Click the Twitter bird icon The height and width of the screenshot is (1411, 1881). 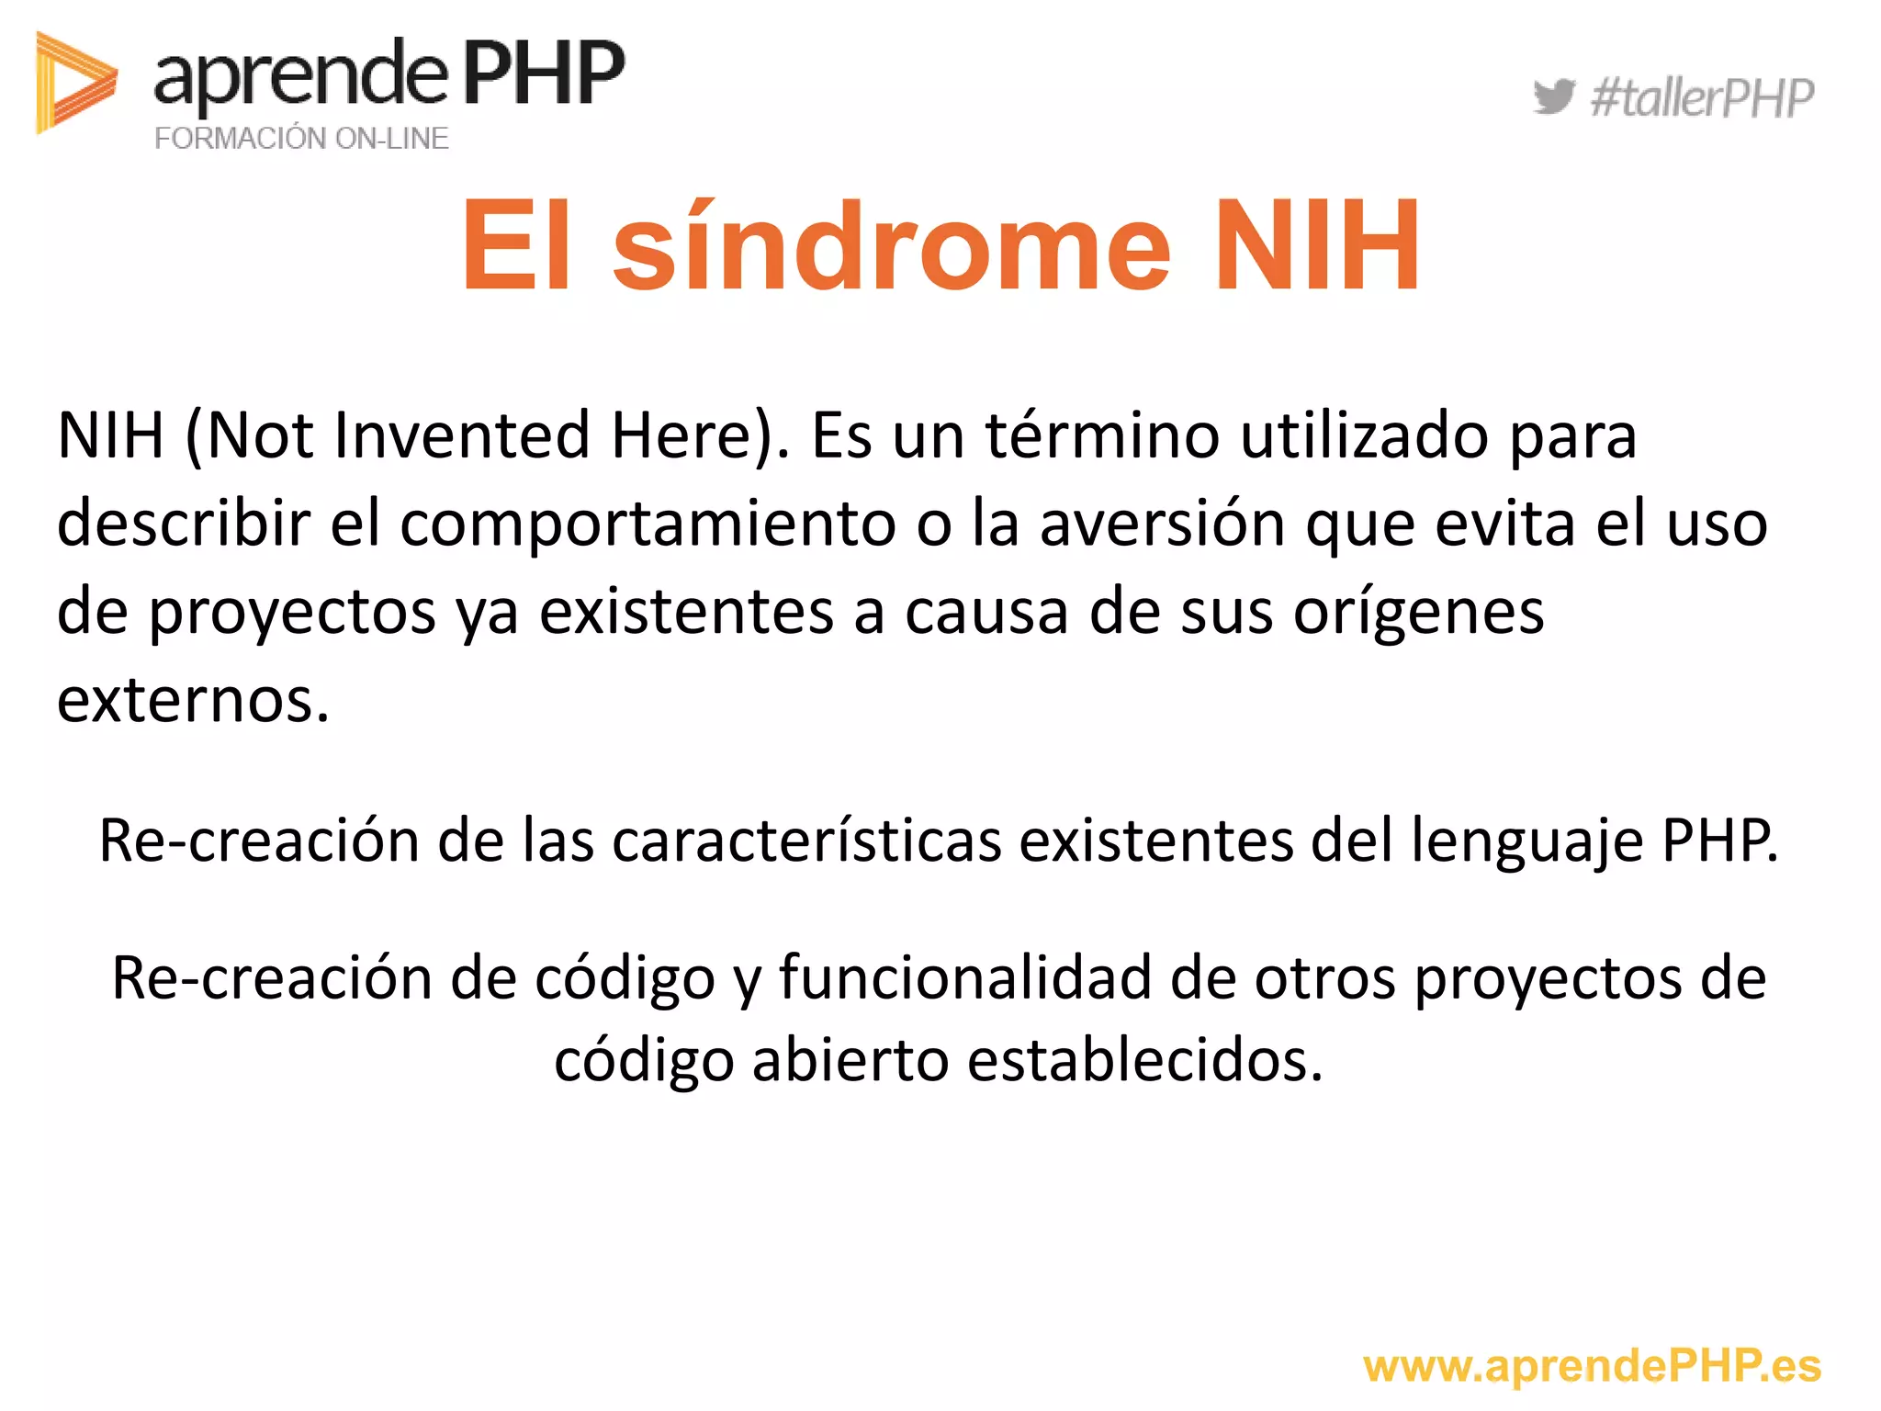[x=1554, y=96]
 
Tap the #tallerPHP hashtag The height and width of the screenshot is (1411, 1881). [x=1702, y=98]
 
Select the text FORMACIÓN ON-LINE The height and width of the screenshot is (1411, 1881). [x=301, y=139]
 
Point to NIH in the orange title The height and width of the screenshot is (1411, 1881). [x=1316, y=246]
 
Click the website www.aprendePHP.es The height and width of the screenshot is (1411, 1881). [x=1592, y=1366]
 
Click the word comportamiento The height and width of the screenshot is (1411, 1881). [x=648, y=524]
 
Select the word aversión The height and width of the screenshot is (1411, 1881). [x=1163, y=524]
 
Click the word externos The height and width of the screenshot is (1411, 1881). [x=193, y=700]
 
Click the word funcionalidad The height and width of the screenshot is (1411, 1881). [x=965, y=976]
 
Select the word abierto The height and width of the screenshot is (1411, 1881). [x=850, y=1060]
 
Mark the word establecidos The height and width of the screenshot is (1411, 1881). [x=1145, y=1060]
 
